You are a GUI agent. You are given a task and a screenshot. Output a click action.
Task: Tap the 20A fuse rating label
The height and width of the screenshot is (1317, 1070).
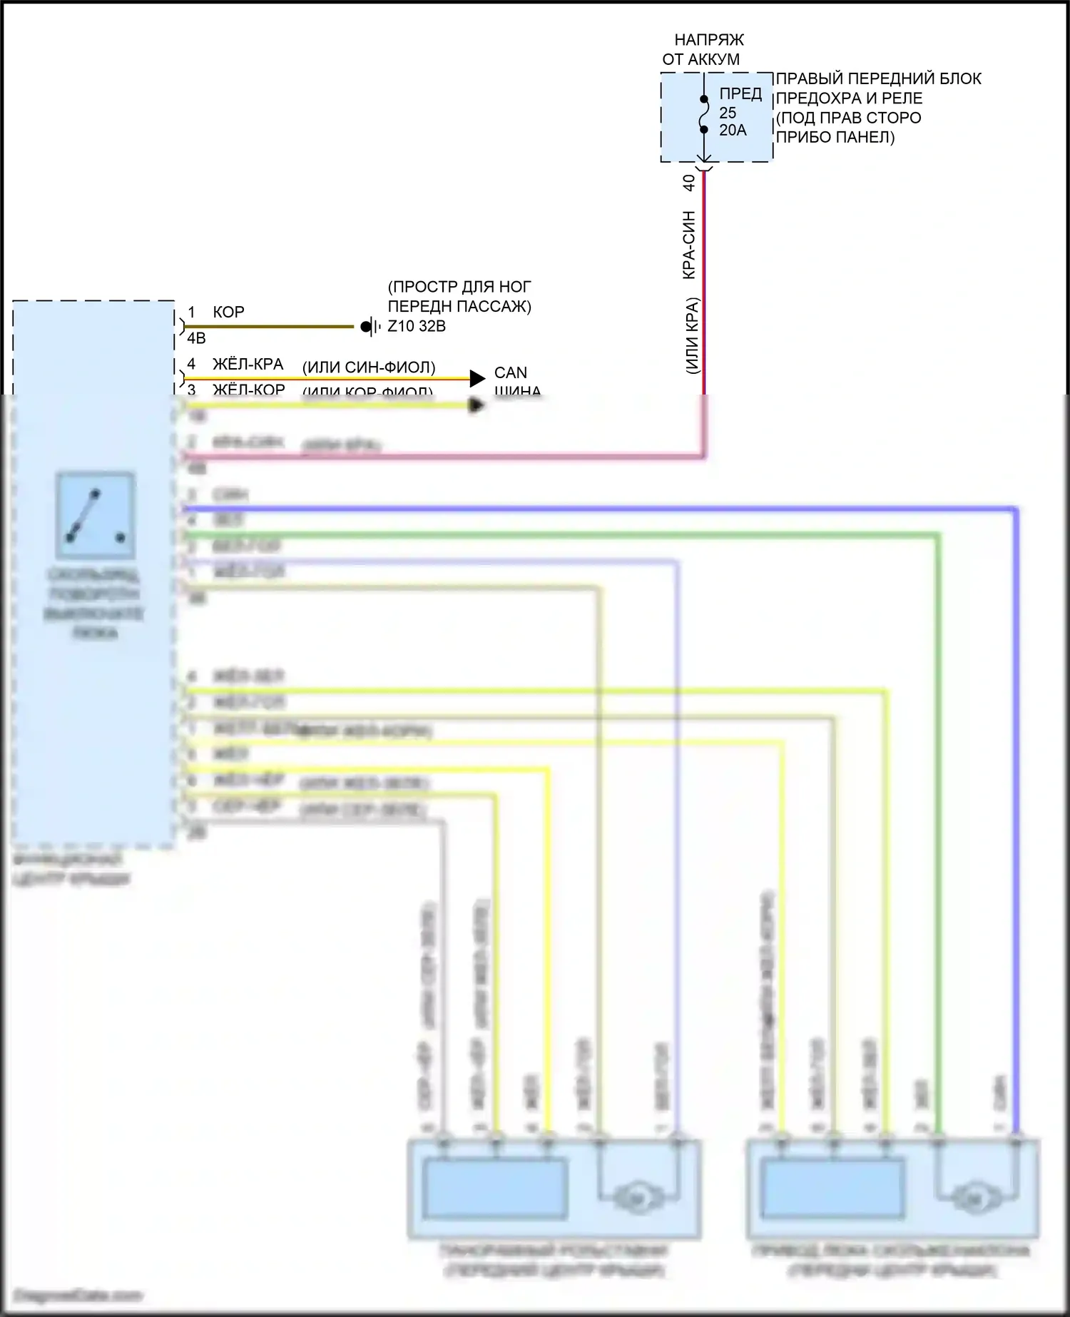[x=733, y=131]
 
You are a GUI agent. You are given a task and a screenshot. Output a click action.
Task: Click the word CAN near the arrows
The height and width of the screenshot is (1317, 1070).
[x=510, y=372]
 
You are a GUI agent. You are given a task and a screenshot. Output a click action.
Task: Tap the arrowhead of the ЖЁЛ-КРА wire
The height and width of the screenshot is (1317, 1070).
[x=477, y=378]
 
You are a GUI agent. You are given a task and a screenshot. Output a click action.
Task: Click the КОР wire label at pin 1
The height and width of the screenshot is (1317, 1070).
[x=228, y=312]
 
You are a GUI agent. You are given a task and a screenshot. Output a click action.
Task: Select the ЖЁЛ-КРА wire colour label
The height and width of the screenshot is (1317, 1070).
[x=248, y=365]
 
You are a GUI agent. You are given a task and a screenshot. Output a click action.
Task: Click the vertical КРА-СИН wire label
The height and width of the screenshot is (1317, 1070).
[x=689, y=245]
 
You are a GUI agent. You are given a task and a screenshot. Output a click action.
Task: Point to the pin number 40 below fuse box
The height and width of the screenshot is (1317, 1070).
[x=689, y=183]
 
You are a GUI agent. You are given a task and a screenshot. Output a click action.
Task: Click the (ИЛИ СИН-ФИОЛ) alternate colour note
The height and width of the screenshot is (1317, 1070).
[x=369, y=367]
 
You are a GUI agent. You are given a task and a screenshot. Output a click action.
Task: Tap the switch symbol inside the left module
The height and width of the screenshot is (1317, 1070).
[x=95, y=515]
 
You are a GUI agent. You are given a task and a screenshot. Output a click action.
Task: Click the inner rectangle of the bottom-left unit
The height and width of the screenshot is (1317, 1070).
[x=494, y=1189]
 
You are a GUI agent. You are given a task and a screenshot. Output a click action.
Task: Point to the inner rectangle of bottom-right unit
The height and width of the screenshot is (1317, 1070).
[x=833, y=1189]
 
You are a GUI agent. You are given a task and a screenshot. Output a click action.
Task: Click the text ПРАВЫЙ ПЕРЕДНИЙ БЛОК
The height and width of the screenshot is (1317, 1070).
[x=878, y=78]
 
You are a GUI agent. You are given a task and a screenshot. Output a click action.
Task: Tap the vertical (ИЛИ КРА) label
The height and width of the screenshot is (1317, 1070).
[x=692, y=335]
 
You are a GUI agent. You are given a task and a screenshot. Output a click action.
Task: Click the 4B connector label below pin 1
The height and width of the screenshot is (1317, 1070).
[x=196, y=338]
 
